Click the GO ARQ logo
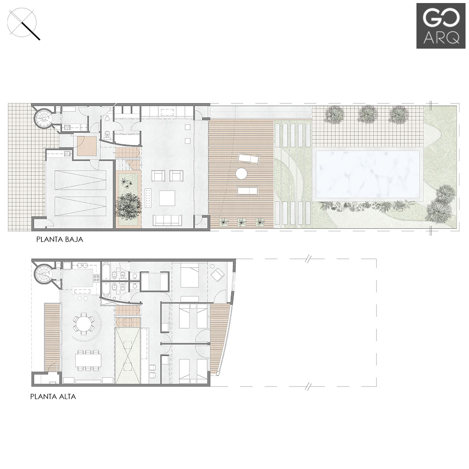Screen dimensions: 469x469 (x=438, y=26)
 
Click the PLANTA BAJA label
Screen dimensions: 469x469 (x=59, y=239)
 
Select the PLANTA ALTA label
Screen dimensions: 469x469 (x=53, y=396)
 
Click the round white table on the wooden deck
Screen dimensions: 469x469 (x=241, y=174)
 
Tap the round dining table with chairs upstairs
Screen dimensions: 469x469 (x=84, y=324)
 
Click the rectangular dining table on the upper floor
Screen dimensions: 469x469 (x=88, y=360)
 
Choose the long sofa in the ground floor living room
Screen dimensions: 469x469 (x=167, y=220)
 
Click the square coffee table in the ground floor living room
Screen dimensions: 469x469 (x=167, y=198)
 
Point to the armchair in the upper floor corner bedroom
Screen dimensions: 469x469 (x=218, y=274)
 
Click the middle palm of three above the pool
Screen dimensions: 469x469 (x=368, y=114)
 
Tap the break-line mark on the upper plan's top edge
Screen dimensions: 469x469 (x=308, y=259)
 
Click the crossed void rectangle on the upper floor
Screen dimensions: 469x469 (x=128, y=356)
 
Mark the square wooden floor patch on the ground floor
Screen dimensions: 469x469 (x=86, y=146)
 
